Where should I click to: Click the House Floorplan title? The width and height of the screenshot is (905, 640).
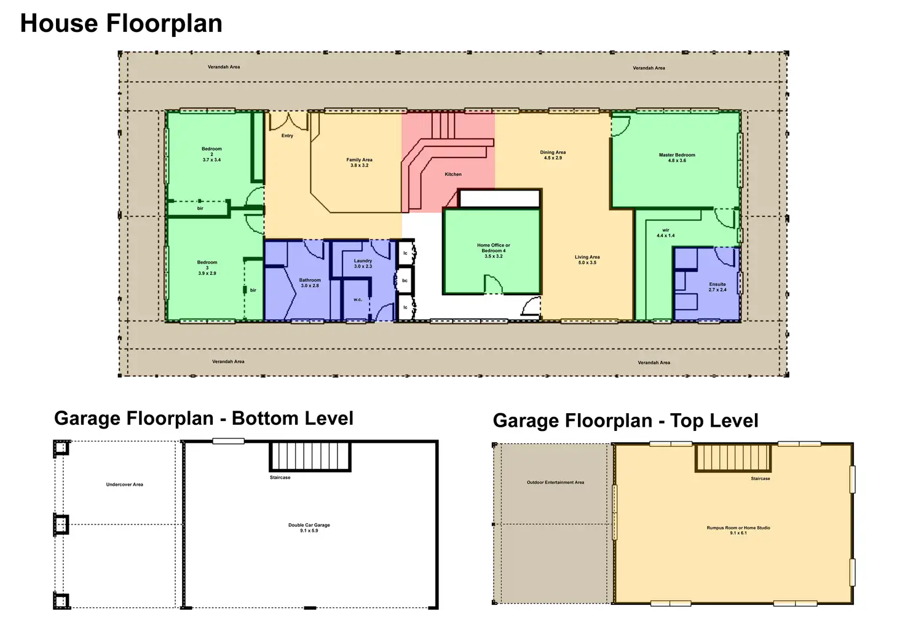point(121,23)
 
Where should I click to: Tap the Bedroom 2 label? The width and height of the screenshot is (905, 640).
point(211,154)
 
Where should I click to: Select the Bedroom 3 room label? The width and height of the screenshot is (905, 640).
point(207,268)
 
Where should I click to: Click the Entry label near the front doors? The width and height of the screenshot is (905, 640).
point(287,136)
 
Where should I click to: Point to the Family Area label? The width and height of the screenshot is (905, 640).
point(359,162)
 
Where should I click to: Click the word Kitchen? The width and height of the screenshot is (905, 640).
point(453,174)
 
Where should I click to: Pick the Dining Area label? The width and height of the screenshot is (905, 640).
point(553,155)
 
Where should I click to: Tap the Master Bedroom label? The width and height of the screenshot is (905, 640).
point(677,157)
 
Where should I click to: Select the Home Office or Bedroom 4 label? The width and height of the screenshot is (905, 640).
point(493,250)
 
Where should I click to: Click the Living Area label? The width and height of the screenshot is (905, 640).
point(587,260)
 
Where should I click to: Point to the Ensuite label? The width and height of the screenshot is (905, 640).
point(717,287)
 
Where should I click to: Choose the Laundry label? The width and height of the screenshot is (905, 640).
point(363,263)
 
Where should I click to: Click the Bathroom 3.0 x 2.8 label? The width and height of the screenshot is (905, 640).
point(310,283)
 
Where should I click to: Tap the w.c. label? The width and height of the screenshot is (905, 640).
point(358,300)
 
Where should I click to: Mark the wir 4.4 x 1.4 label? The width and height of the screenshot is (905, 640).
point(665,233)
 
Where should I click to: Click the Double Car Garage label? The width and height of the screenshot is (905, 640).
point(309,527)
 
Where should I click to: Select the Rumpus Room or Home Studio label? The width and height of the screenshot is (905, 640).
point(738,530)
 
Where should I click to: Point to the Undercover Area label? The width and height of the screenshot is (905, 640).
point(124,484)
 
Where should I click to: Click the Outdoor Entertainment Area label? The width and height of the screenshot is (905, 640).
point(555,483)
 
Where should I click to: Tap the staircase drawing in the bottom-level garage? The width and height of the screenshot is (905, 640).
point(310,456)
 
